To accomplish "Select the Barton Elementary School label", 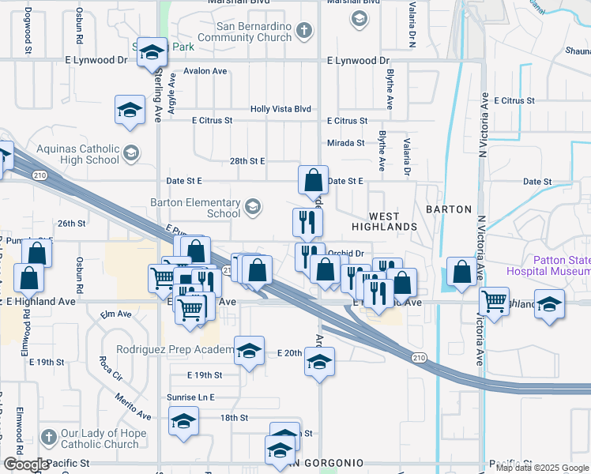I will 201,207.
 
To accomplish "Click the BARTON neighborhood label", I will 449,209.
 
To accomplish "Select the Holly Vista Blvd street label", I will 280,110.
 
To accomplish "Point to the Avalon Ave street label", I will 205,71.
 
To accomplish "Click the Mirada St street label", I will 346,143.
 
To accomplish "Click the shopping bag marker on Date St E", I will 313,179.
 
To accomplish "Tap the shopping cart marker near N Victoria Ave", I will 494,299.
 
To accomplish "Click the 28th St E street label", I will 247,160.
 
